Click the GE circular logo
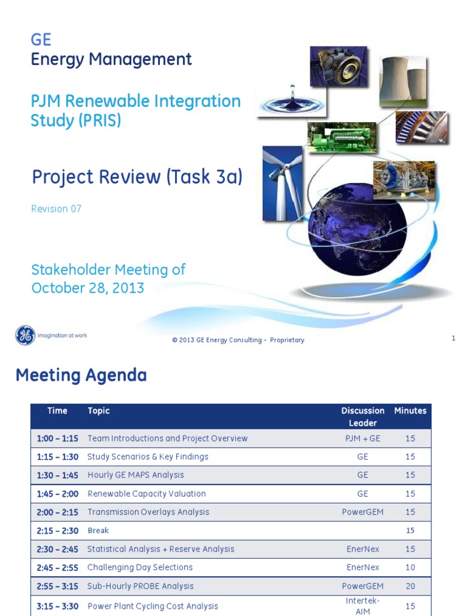pyautogui.click(x=25, y=335)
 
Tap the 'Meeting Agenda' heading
pyautogui.click(x=81, y=375)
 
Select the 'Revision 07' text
pyautogui.click(x=56, y=209)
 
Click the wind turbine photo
pyautogui.click(x=282, y=183)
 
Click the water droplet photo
pyautogui.click(x=283, y=99)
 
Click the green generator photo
pyautogui.click(x=341, y=137)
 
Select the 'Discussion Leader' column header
pyautogui.click(x=363, y=417)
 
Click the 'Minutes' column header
pyautogui.click(x=410, y=411)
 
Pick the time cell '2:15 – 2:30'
pyautogui.click(x=58, y=531)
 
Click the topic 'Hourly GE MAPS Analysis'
pyautogui.click(x=135, y=475)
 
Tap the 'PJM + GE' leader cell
pyautogui.click(x=363, y=439)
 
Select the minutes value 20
pyautogui.click(x=410, y=586)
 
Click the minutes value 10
pyautogui.click(x=410, y=567)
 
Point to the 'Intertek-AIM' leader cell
pyautogui.click(x=363, y=606)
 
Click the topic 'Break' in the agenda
pyautogui.click(x=98, y=531)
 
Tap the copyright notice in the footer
pyautogui.click(x=238, y=340)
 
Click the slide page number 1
pyautogui.click(x=454, y=339)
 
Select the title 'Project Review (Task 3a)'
pyautogui.click(x=137, y=177)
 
